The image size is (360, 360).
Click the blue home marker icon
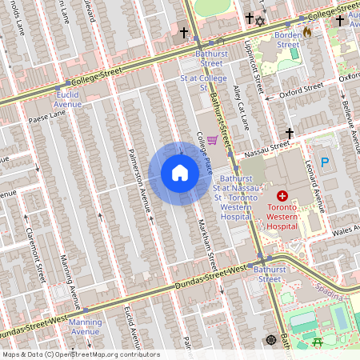180,173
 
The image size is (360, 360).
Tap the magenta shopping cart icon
212,140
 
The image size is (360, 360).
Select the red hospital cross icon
282,195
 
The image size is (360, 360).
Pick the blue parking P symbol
325,162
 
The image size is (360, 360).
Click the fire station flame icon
307,33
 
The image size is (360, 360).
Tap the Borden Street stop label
288,40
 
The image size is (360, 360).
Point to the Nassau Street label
267,146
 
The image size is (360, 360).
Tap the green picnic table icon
318,342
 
